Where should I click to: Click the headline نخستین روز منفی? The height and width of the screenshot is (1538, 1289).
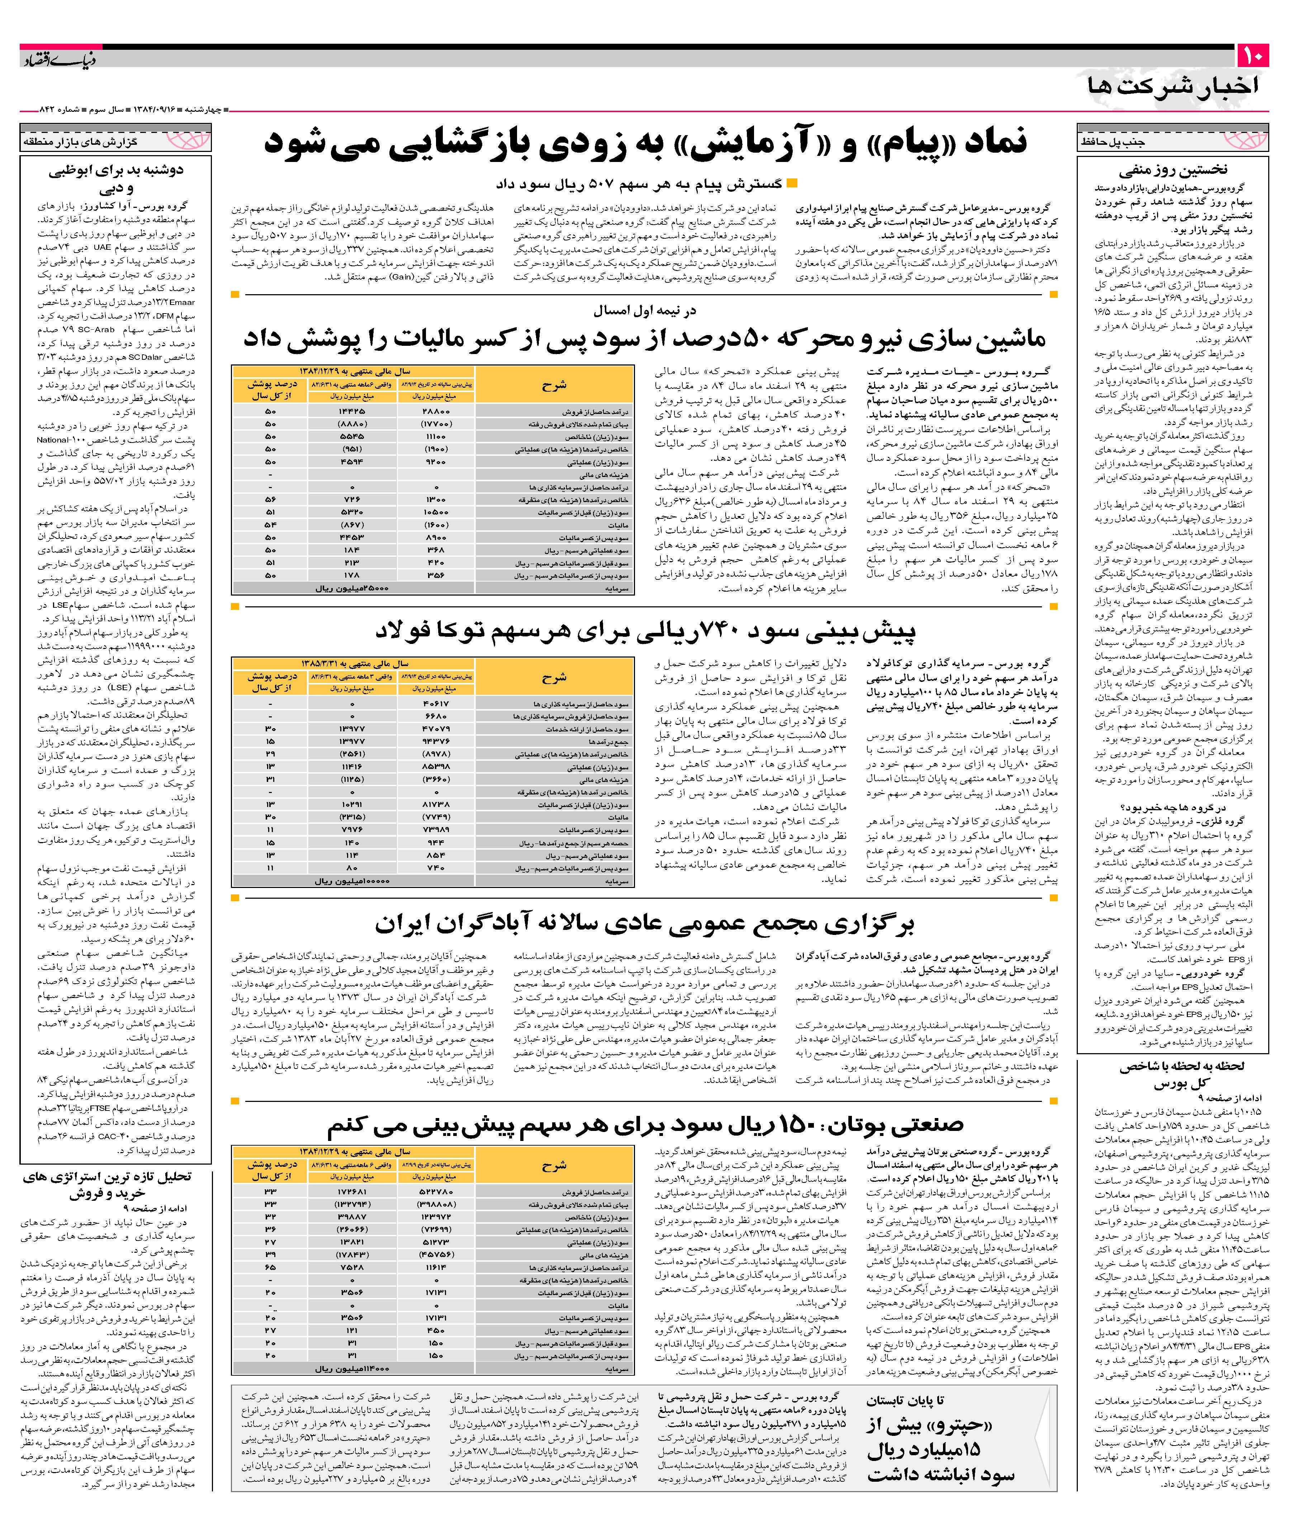point(1172,170)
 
